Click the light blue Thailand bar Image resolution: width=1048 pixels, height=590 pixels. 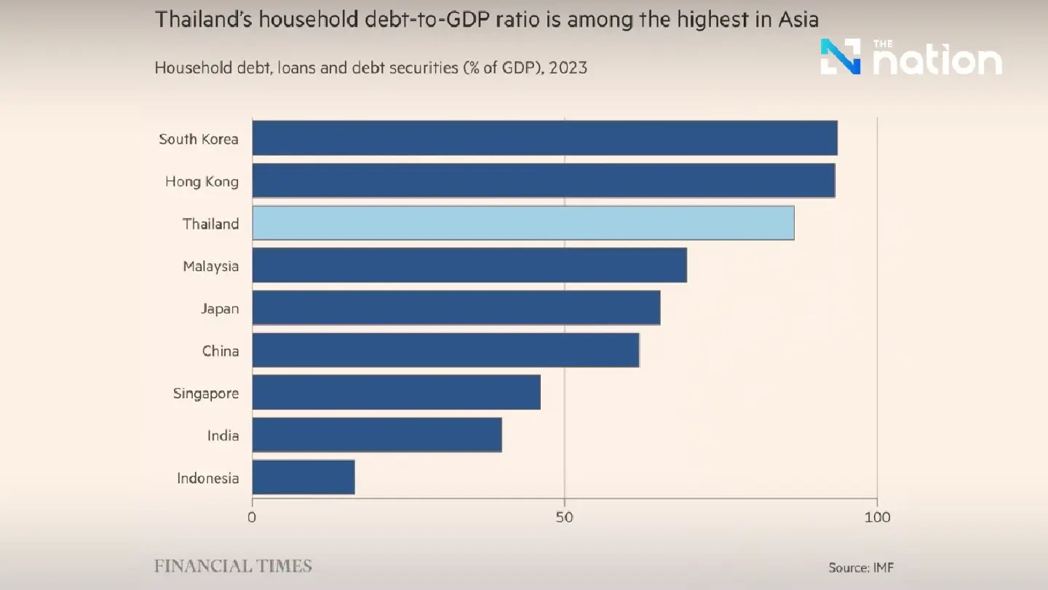[x=523, y=223]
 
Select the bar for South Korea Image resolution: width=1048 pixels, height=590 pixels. [x=544, y=138]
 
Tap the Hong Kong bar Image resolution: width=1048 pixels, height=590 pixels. [x=543, y=181]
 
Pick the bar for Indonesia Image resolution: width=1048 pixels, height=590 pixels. [x=303, y=477]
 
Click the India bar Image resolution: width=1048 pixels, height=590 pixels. [x=377, y=435]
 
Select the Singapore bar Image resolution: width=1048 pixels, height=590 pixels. [x=396, y=393]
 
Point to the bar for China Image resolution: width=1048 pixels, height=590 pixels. [x=445, y=350]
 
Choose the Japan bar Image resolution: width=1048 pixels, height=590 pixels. [x=456, y=308]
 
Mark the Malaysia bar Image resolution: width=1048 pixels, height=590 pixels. [x=469, y=265]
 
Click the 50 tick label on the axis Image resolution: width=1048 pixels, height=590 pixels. [x=564, y=518]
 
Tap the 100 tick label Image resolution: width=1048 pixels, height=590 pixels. [x=877, y=518]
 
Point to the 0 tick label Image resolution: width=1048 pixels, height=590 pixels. [x=253, y=518]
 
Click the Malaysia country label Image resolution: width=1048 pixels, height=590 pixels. [x=210, y=266]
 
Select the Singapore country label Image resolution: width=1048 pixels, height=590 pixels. [x=206, y=393]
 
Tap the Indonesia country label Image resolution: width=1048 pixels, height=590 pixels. [x=207, y=478]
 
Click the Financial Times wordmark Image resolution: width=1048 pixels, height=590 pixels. [x=233, y=566]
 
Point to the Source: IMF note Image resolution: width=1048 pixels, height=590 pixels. [x=860, y=567]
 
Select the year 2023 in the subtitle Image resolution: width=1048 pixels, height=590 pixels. [x=568, y=68]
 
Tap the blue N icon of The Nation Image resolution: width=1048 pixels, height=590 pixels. [x=841, y=57]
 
